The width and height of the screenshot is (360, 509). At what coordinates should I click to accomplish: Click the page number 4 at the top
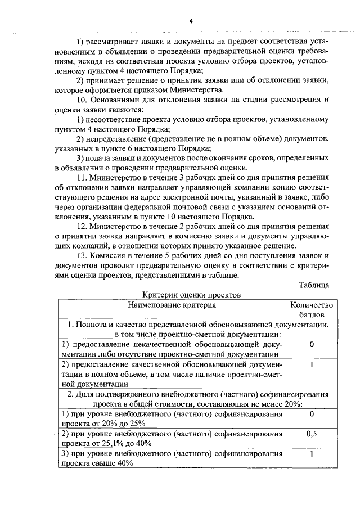pos(190,21)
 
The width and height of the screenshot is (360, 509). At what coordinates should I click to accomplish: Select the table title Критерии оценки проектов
pos(191,295)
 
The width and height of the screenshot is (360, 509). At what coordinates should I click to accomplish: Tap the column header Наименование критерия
pos(172,305)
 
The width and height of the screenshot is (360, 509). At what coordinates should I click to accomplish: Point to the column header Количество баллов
pos(311,310)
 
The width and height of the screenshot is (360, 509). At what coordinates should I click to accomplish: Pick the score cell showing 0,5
pos(311,434)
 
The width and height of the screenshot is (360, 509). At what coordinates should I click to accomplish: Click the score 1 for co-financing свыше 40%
pos(311,453)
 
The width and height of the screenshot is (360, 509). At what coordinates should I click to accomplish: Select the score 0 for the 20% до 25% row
pos(311,415)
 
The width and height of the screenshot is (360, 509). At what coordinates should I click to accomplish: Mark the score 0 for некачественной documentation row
pos(311,344)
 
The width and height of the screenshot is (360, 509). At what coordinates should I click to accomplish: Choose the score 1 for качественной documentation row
pos(311,364)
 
